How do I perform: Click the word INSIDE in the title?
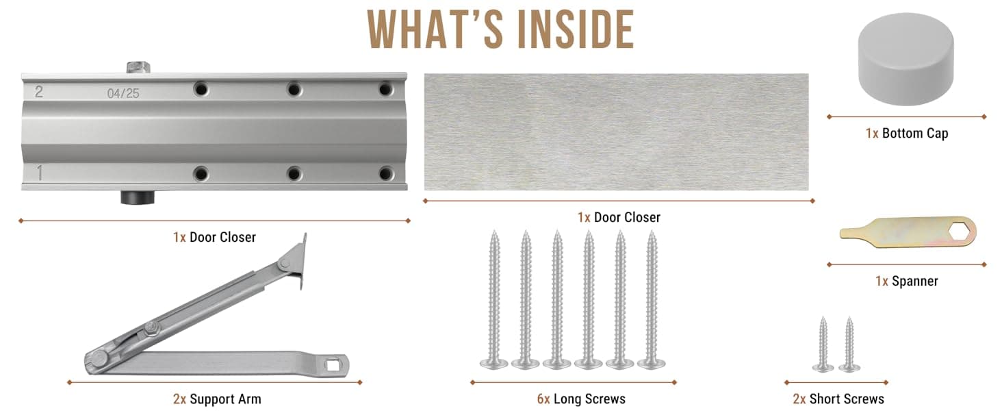pyautogui.click(x=575, y=29)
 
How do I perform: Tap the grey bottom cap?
pyautogui.click(x=905, y=59)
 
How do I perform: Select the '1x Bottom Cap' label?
pyautogui.click(x=907, y=134)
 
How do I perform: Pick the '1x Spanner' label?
pyautogui.click(x=907, y=281)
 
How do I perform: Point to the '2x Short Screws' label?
pyautogui.click(x=838, y=399)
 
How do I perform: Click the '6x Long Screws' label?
pyautogui.click(x=581, y=399)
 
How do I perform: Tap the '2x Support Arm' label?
pyautogui.click(x=217, y=399)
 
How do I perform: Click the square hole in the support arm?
pyautogui.click(x=333, y=366)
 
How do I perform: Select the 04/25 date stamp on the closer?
pyautogui.click(x=123, y=93)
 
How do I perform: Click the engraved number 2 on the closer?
pyautogui.click(x=39, y=92)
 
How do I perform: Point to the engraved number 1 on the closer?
pyautogui.click(x=40, y=173)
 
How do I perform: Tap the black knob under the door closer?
pyautogui.click(x=138, y=197)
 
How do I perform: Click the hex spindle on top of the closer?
pyautogui.click(x=138, y=68)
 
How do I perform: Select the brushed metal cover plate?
pyautogui.click(x=617, y=132)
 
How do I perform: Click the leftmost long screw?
pyautogui.click(x=494, y=299)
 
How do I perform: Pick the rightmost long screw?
pyautogui.click(x=652, y=299)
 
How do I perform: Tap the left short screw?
pyautogui.click(x=823, y=344)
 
